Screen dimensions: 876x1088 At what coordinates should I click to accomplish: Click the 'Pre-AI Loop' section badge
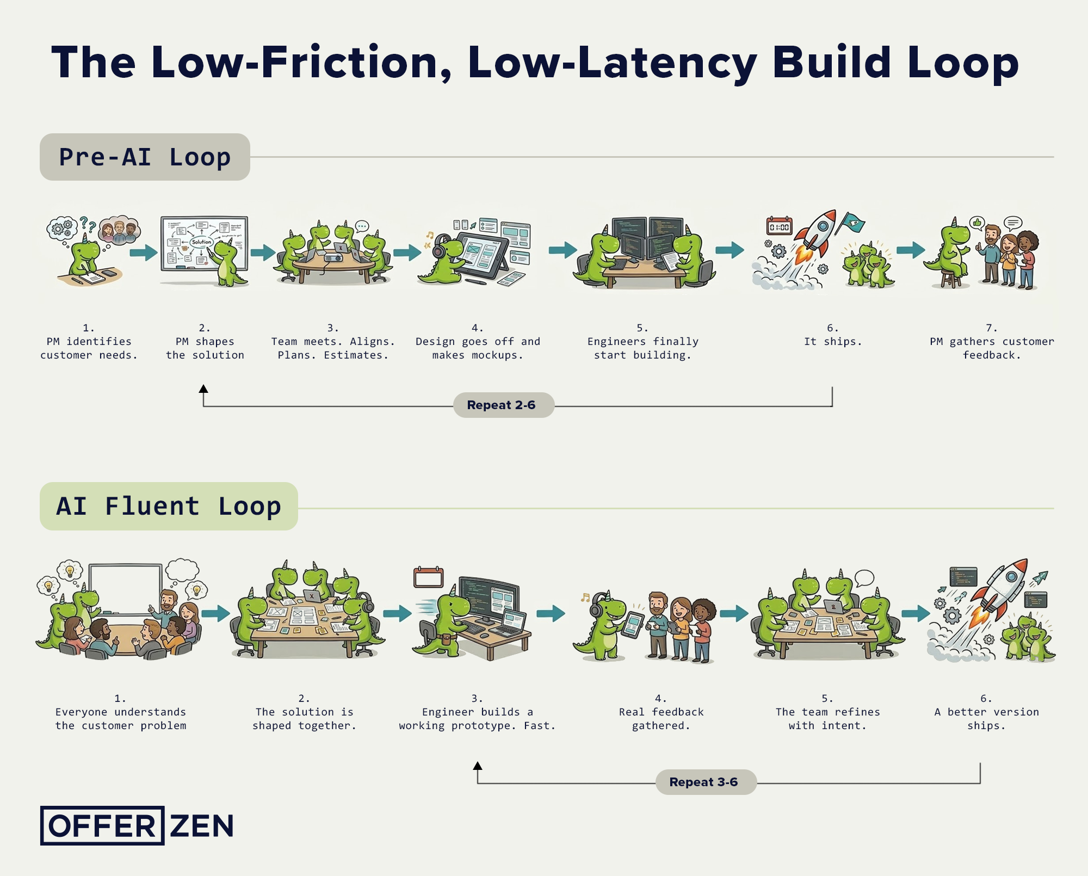pyautogui.click(x=145, y=157)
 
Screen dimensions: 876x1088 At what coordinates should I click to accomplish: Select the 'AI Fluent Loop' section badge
pyautogui.click(x=169, y=507)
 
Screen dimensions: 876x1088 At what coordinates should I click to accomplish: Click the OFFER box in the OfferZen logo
pyautogui.click(x=102, y=826)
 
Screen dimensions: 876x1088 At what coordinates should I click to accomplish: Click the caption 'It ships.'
pyautogui.click(x=833, y=342)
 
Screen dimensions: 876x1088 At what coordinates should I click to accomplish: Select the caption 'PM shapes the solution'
pyautogui.click(x=205, y=348)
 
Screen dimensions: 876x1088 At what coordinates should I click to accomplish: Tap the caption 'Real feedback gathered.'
pyautogui.click(x=661, y=719)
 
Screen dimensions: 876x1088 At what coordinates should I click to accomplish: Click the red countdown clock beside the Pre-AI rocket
pyautogui.click(x=779, y=226)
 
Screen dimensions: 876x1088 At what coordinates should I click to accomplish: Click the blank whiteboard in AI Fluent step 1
pyautogui.click(x=125, y=588)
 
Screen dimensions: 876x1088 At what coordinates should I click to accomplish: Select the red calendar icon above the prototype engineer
pyautogui.click(x=428, y=577)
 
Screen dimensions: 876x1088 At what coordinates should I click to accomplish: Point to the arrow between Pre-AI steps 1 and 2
pyautogui.click(x=143, y=253)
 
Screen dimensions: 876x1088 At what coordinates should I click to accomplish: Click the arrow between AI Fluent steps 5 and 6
pyautogui.click(x=916, y=614)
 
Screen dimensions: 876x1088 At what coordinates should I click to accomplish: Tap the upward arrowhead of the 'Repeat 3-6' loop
pyautogui.click(x=478, y=766)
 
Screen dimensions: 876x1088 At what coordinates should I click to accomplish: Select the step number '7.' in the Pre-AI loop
pyautogui.click(x=991, y=328)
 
